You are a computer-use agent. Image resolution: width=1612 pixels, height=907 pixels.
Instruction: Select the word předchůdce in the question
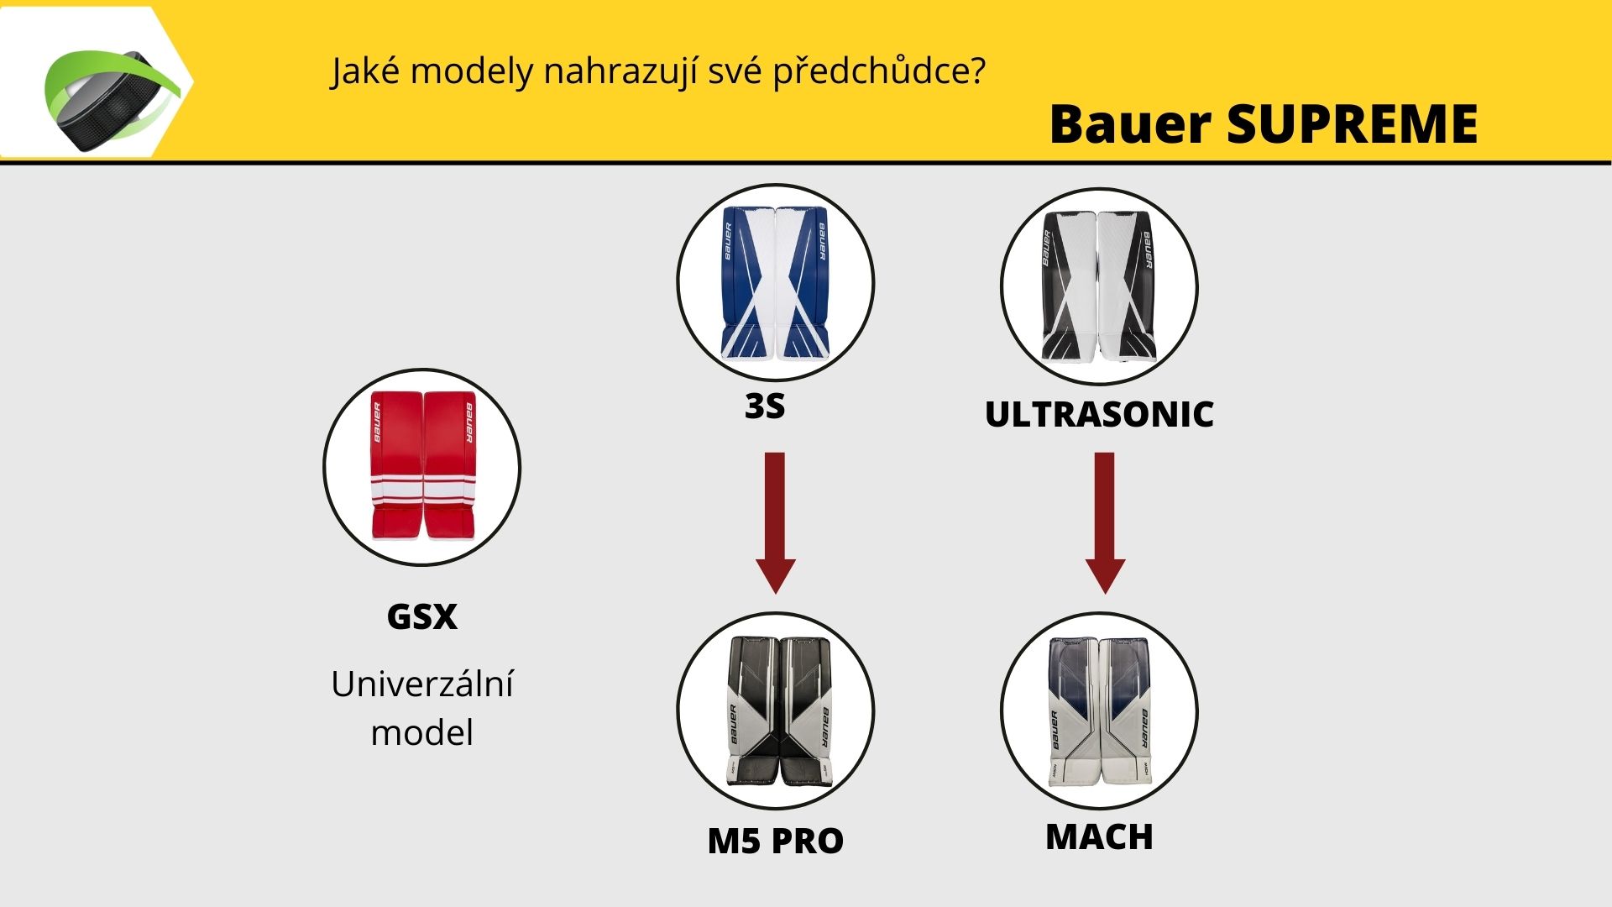tap(879, 72)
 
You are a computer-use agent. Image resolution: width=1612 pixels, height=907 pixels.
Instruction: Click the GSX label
tap(422, 616)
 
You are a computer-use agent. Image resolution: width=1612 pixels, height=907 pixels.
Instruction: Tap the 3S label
tap(765, 406)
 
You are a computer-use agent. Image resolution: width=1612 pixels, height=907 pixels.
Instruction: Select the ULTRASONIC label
tap(1099, 414)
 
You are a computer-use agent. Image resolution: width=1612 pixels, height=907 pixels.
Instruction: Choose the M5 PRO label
tap(776, 841)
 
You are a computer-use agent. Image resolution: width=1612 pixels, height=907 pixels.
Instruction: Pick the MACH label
tap(1099, 836)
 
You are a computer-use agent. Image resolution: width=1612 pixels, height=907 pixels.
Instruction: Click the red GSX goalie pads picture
tap(422, 466)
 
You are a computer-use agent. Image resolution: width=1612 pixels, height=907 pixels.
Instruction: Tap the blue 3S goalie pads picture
tap(776, 282)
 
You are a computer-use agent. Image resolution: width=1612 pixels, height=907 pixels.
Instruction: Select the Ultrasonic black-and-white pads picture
tap(1099, 286)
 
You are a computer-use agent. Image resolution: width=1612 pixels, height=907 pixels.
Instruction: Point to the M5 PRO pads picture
tap(776, 711)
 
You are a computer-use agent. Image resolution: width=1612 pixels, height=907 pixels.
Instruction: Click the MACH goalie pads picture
tap(1099, 711)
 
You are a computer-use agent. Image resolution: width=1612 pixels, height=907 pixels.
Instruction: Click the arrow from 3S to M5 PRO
tap(775, 522)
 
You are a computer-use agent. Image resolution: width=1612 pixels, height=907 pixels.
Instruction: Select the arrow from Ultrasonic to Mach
tap(1105, 522)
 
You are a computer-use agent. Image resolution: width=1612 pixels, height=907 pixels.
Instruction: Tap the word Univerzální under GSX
tap(422, 684)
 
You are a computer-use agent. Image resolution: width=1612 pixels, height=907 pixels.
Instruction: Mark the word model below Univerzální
tap(422, 732)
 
